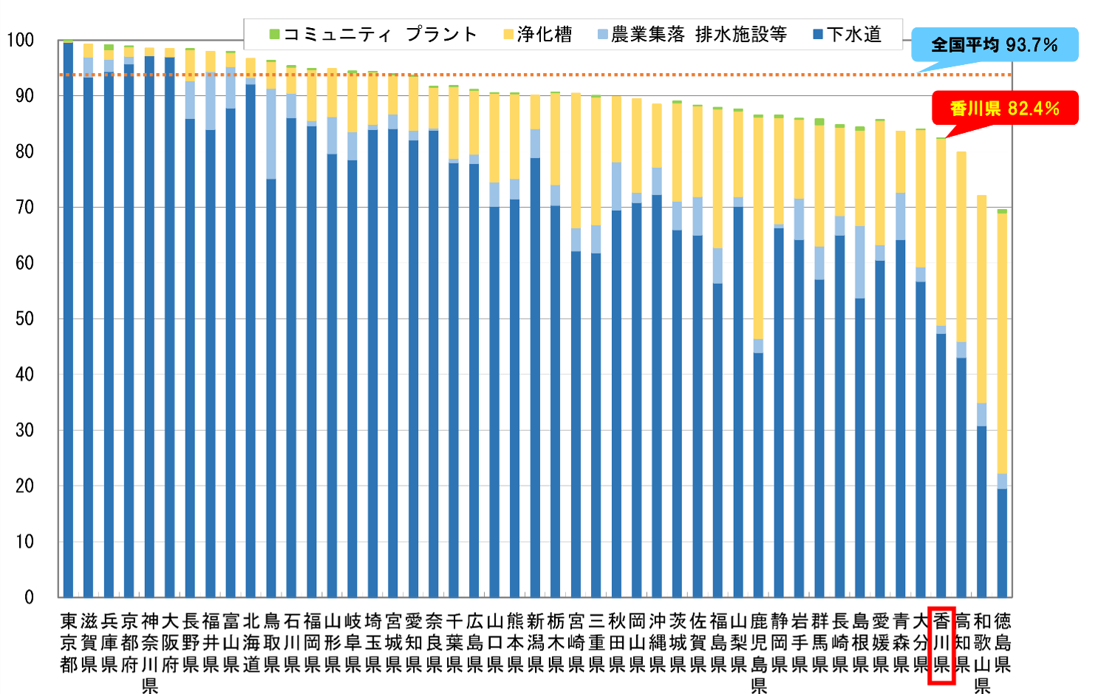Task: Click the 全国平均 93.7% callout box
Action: coord(994,44)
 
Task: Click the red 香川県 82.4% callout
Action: coord(1004,108)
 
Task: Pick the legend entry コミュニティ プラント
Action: coord(373,35)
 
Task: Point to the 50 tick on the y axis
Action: coord(24,319)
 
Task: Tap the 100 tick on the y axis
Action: coord(21,40)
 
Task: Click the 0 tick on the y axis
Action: coord(29,597)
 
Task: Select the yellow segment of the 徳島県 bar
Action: coord(1002,344)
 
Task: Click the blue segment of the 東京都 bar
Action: coord(68,318)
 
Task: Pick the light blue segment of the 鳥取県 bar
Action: coord(271,134)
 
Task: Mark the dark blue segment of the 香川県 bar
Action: coord(941,466)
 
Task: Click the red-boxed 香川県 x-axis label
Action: coord(941,642)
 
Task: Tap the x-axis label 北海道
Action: coord(251,642)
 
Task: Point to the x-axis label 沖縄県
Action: coord(657,642)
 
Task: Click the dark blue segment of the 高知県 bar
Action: coord(961,477)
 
